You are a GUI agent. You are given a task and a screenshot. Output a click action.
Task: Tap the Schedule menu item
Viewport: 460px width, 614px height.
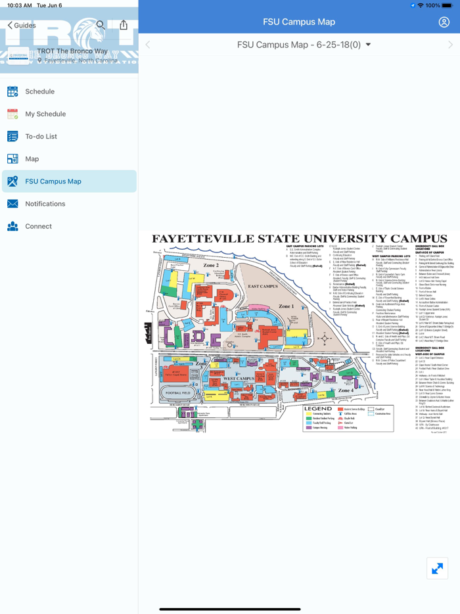click(39, 91)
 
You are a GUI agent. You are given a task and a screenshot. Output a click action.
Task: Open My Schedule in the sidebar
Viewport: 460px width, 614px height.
click(45, 114)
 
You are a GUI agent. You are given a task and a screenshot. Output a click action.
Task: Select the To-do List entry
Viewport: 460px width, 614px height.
click(41, 137)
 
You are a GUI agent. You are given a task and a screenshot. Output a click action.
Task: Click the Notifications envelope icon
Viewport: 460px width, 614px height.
click(12, 204)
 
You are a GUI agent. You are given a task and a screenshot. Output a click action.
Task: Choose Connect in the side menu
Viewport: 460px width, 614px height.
click(38, 226)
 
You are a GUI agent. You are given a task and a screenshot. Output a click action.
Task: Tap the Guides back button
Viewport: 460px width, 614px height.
click(22, 25)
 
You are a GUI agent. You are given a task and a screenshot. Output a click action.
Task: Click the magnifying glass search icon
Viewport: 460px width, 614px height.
click(101, 25)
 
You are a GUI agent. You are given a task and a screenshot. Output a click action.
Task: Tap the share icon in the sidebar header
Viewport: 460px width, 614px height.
click(124, 25)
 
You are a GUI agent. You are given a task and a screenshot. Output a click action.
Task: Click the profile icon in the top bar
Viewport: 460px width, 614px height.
click(444, 22)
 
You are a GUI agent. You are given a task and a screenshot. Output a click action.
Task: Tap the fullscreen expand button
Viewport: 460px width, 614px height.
click(437, 568)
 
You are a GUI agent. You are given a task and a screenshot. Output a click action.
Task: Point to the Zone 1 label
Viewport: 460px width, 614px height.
click(287, 306)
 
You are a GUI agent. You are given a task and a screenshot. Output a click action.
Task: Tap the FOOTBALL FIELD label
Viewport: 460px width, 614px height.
click(179, 393)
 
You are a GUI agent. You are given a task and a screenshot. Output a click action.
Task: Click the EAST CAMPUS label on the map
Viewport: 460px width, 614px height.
click(263, 287)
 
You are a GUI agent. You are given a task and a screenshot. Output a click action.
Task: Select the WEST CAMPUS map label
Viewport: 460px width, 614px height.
click(239, 379)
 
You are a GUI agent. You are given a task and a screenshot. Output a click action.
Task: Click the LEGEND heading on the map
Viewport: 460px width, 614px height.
click(318, 408)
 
